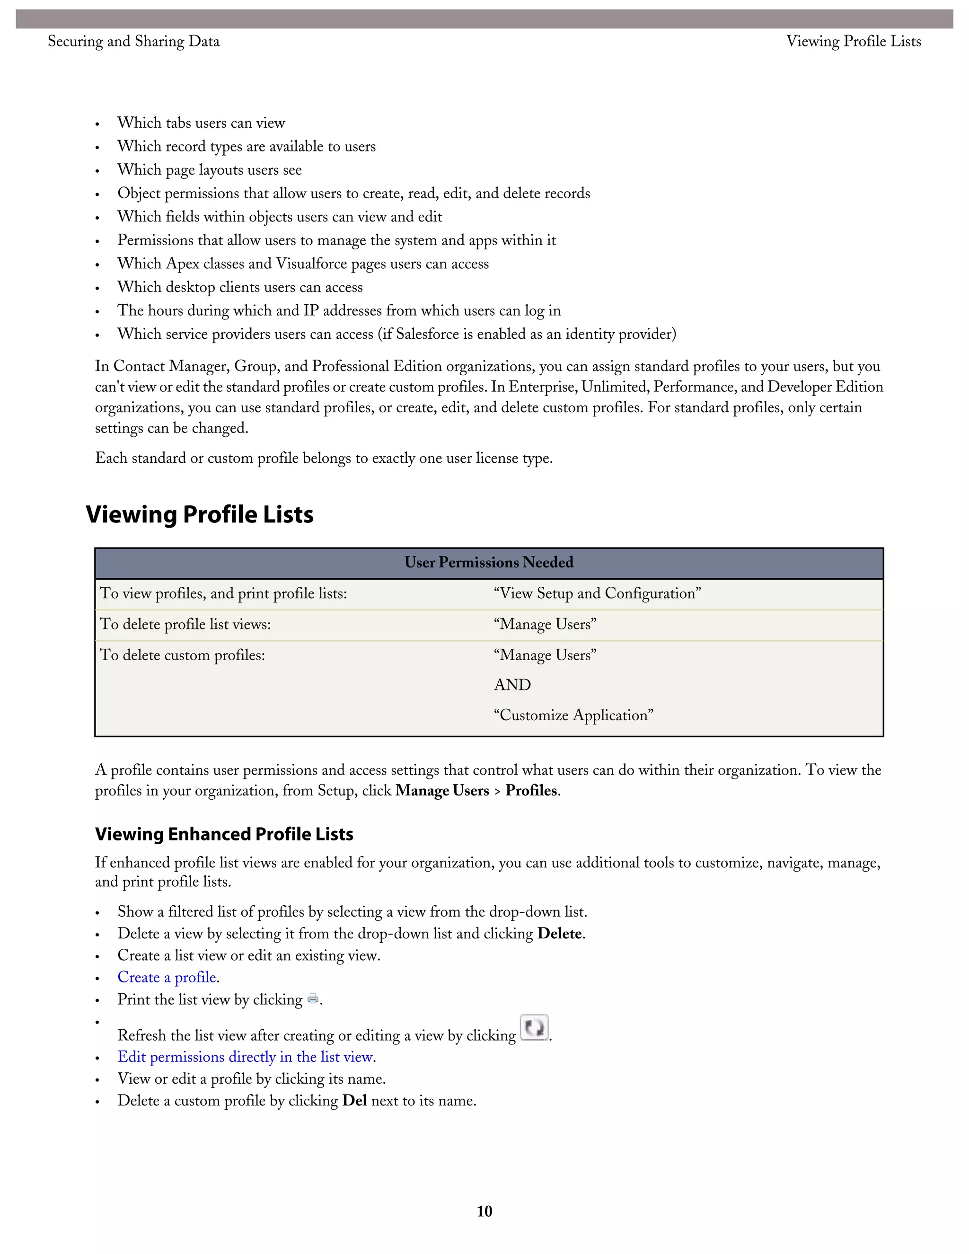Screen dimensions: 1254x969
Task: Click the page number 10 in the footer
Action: (x=484, y=1211)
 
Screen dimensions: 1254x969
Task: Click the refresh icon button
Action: (x=534, y=1028)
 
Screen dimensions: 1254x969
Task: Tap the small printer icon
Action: (x=313, y=999)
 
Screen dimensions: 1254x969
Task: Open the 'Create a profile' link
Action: (x=167, y=977)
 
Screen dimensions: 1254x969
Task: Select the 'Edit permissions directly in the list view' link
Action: (x=246, y=1057)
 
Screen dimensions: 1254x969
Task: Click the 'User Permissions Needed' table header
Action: (x=488, y=563)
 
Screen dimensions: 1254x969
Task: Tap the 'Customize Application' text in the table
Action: (x=573, y=715)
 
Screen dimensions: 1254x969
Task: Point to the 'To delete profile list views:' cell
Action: (x=185, y=624)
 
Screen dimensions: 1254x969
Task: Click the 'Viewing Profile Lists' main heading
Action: (x=200, y=514)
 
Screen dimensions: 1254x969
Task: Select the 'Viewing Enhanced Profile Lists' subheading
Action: (x=224, y=834)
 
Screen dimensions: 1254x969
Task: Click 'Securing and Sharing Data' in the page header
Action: (x=133, y=41)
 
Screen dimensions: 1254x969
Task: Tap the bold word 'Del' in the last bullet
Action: (x=354, y=1101)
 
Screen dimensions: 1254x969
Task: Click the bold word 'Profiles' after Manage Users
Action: (x=531, y=791)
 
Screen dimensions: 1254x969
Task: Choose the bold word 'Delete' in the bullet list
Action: (x=559, y=934)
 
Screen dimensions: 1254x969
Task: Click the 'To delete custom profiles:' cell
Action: (x=183, y=655)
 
